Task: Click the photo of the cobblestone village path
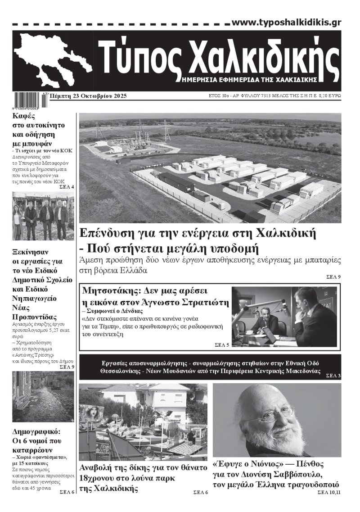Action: (43, 396)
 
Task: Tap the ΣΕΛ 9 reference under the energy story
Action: (333, 276)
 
